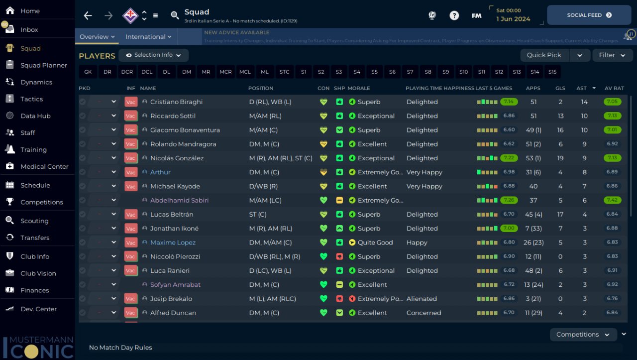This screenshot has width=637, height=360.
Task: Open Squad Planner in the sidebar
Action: coord(43,65)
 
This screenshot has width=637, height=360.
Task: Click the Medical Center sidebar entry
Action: coord(44,166)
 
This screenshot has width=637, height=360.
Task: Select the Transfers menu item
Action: coord(35,238)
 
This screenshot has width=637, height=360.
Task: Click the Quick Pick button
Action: coord(544,55)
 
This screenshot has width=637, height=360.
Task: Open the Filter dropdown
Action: coord(612,55)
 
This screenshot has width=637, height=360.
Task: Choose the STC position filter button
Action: coord(284,72)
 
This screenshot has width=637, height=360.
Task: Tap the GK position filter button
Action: coord(88,72)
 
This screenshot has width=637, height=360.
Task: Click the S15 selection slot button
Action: coord(552,72)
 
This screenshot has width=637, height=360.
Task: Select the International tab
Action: coord(148,37)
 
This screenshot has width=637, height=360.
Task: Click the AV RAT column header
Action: coord(614,88)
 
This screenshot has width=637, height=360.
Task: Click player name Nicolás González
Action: coord(177,158)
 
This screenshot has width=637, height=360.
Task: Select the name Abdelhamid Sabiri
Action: coord(179,200)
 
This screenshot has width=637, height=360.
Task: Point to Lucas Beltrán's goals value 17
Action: coord(560,214)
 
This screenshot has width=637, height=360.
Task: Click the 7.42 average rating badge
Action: coord(612,200)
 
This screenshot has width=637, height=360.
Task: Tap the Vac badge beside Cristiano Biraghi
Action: coord(130,102)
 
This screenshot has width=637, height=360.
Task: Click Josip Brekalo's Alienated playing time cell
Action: coord(422,299)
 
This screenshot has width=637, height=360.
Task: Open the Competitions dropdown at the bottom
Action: coord(583,335)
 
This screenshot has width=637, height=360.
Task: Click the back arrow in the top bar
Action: coord(88,15)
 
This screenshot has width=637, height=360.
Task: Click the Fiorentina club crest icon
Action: coord(130,15)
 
